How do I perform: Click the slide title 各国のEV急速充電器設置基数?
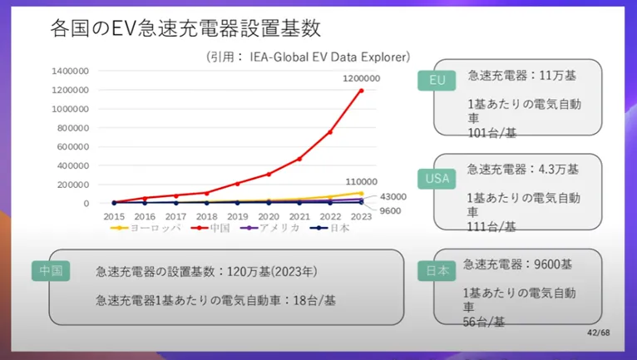pos(185,29)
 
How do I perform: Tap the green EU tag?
pos(437,80)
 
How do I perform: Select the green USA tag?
pos(437,178)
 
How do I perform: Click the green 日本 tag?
pos(438,270)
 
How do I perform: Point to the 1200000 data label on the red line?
pos(361,78)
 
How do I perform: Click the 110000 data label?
pos(361,181)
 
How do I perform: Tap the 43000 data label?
pos(393,196)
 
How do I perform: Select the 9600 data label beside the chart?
pos(391,210)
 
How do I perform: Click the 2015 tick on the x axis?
pos(114,216)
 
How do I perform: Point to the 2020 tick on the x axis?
pos(268,216)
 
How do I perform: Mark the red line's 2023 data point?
pos(361,90)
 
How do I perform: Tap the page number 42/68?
pos(600,333)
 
